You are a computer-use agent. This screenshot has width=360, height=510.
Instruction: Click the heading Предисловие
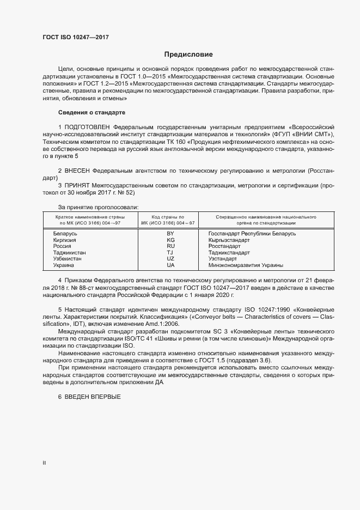coord(188,54)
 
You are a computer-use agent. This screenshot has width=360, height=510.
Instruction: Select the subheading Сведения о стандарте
coord(91,112)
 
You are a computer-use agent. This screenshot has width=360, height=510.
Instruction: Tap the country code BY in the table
coord(170,233)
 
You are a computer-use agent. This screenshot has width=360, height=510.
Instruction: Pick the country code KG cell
coord(170,240)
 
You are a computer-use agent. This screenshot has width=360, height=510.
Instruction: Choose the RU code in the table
coord(170,246)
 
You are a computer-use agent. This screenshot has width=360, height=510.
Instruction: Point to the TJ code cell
coord(170,253)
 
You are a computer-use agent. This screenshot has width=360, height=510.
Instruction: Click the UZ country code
coord(170,259)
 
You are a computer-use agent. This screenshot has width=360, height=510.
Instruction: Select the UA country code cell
coord(170,265)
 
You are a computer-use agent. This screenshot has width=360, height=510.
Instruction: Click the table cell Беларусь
coord(65,233)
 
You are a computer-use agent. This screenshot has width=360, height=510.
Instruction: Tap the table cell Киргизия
coord(64,240)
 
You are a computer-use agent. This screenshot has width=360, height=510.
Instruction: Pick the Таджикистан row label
coord(69,253)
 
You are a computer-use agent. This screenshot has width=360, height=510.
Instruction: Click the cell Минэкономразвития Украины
coord(246,265)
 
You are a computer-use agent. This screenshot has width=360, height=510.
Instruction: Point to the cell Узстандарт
coord(223,259)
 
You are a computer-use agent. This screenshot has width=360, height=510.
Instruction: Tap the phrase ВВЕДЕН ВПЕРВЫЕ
coord(92,396)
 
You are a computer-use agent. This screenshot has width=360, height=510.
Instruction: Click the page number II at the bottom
coord(44,463)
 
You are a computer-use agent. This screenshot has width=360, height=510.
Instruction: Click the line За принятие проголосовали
coord(98,207)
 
